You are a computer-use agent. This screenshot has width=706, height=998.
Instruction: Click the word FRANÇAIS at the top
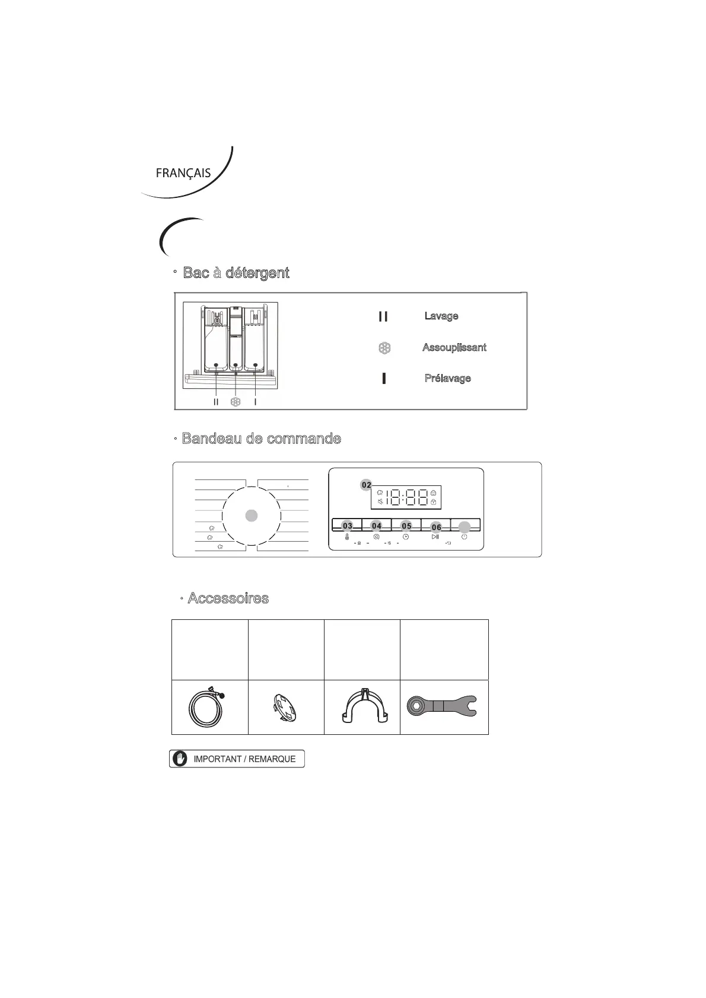point(183,173)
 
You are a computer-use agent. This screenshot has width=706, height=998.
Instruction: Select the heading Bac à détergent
point(236,273)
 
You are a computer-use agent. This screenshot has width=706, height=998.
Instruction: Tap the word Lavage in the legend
point(441,316)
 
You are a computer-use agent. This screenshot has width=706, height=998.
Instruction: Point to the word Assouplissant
point(454,347)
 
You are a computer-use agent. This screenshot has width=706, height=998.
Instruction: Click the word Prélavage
point(447,378)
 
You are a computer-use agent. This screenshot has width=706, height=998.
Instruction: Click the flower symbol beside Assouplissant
point(384,348)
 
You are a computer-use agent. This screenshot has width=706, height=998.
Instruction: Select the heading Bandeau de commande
point(261,439)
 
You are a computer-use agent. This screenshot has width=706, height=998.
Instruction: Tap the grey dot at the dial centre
point(252,516)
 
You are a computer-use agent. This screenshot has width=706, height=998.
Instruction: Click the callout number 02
point(367,485)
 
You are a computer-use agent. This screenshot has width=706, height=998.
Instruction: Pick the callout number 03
point(348,526)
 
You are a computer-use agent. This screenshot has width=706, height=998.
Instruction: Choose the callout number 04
point(377,526)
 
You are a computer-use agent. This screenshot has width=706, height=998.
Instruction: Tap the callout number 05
point(406,526)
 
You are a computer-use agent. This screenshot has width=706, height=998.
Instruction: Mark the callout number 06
point(436,527)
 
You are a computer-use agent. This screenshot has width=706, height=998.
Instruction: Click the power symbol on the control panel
point(465,536)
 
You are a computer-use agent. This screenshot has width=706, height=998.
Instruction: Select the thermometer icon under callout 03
point(347,537)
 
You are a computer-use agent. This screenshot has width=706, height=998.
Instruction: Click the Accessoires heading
point(228,598)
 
